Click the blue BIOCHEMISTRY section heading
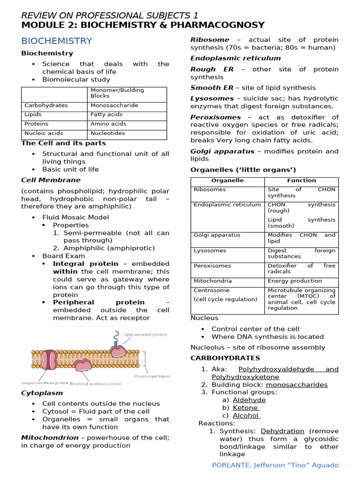click(57, 41)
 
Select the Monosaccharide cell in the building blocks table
click(114, 105)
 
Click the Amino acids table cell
click(108, 124)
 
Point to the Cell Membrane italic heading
click(51, 180)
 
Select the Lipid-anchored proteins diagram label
click(145, 335)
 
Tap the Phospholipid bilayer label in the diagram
click(152, 376)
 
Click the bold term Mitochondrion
click(50, 438)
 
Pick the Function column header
click(301, 180)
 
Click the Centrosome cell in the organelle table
click(209, 291)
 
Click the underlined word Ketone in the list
click(246, 408)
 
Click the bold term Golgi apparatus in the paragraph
click(222, 151)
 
